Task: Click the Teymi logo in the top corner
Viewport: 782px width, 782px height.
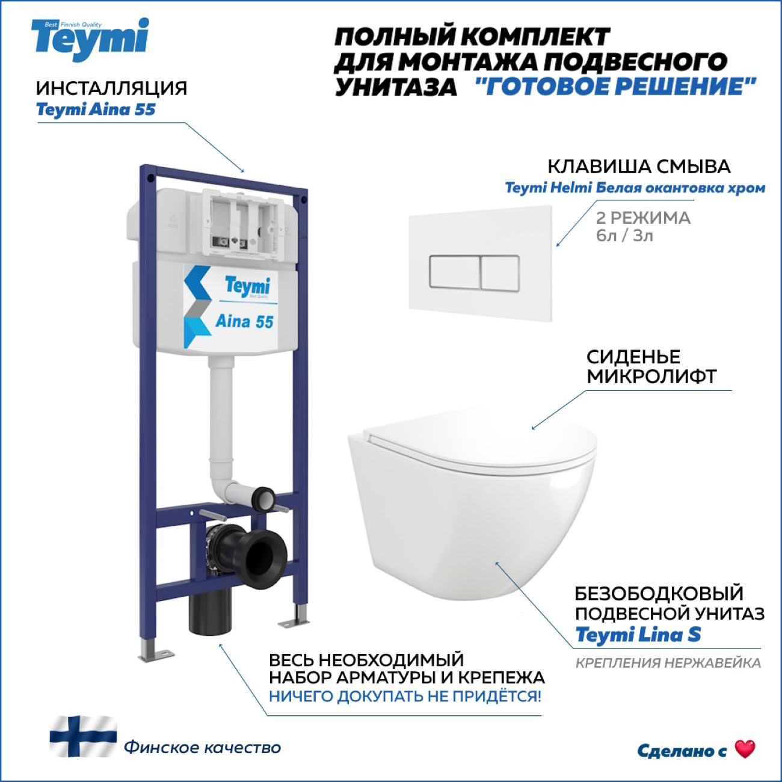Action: [90, 39]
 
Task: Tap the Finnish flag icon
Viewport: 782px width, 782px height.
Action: [83, 736]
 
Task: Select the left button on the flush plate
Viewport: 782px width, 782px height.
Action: [455, 272]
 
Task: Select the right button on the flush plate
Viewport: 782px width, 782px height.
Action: [500, 272]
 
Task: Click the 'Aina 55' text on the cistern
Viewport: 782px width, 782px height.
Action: [244, 321]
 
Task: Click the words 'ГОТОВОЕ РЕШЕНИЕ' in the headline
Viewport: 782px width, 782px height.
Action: [615, 86]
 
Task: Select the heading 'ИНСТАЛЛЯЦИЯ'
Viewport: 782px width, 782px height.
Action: [112, 88]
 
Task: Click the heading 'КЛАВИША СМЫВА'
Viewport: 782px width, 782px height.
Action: [639, 167]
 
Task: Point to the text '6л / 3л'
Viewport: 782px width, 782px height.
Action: [624, 235]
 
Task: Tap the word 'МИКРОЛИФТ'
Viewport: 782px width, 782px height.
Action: [651, 377]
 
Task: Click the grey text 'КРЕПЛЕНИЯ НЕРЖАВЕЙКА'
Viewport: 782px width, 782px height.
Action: [668, 663]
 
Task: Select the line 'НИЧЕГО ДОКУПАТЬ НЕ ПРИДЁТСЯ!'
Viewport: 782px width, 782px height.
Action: [405, 697]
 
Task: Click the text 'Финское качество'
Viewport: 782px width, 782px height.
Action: [203, 748]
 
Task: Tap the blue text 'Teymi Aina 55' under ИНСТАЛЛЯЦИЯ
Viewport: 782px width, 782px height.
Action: [96, 109]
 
